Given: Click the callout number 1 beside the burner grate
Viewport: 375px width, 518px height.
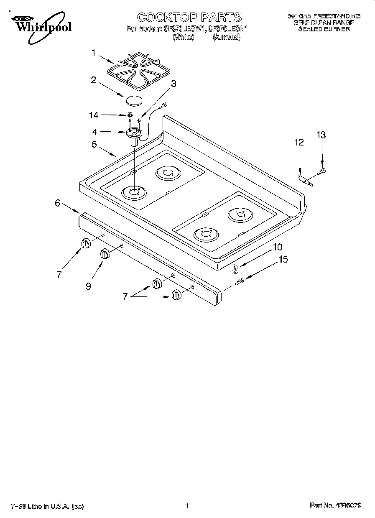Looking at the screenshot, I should tap(94, 53).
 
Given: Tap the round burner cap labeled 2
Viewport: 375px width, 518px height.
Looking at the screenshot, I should tap(134, 100).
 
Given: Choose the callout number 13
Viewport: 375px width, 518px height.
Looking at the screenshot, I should tap(321, 135).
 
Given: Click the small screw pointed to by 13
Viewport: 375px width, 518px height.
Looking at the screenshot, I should tap(323, 170).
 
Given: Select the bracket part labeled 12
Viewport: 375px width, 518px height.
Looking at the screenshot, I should tap(305, 180).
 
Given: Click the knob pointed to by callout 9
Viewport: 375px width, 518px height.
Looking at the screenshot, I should tap(105, 253).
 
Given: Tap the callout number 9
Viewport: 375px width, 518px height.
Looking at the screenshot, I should tap(88, 286).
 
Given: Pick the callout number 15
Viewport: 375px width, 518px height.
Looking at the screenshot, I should tap(283, 259).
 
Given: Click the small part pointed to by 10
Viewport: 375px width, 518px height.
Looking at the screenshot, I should tap(235, 267).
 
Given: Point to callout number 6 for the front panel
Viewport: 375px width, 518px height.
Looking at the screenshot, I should tap(58, 203).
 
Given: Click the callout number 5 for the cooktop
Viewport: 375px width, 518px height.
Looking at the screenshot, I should tap(94, 144).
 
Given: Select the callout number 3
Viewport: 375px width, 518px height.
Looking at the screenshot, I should tap(173, 83).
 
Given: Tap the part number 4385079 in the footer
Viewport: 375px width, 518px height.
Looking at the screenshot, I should tap(347, 506).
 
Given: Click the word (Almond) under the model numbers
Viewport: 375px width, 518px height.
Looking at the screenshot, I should tap(226, 37).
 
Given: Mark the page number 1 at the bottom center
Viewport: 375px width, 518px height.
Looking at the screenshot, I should tap(187, 506).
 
